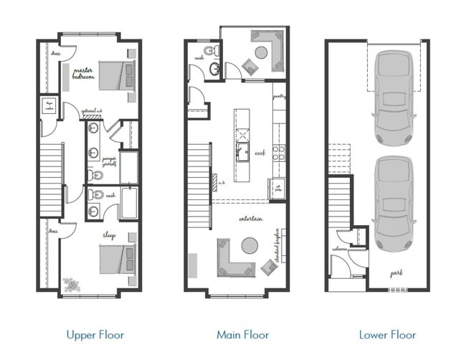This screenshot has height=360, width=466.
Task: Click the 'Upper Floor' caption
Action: [x=95, y=334]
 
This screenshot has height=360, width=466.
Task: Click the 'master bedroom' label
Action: [x=83, y=74]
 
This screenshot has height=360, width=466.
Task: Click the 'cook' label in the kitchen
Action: [x=260, y=153]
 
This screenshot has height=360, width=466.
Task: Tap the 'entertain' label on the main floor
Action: [x=250, y=218]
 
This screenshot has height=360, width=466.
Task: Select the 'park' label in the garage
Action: [x=396, y=273]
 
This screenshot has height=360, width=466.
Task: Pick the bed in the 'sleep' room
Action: [x=115, y=257]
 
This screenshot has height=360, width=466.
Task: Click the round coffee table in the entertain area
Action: [x=247, y=246]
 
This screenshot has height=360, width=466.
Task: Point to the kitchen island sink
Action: [x=243, y=151]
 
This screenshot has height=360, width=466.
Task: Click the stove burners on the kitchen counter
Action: [x=279, y=151]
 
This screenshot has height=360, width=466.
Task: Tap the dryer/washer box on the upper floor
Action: [x=51, y=105]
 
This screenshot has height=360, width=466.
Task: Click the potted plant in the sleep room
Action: [x=71, y=285]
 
